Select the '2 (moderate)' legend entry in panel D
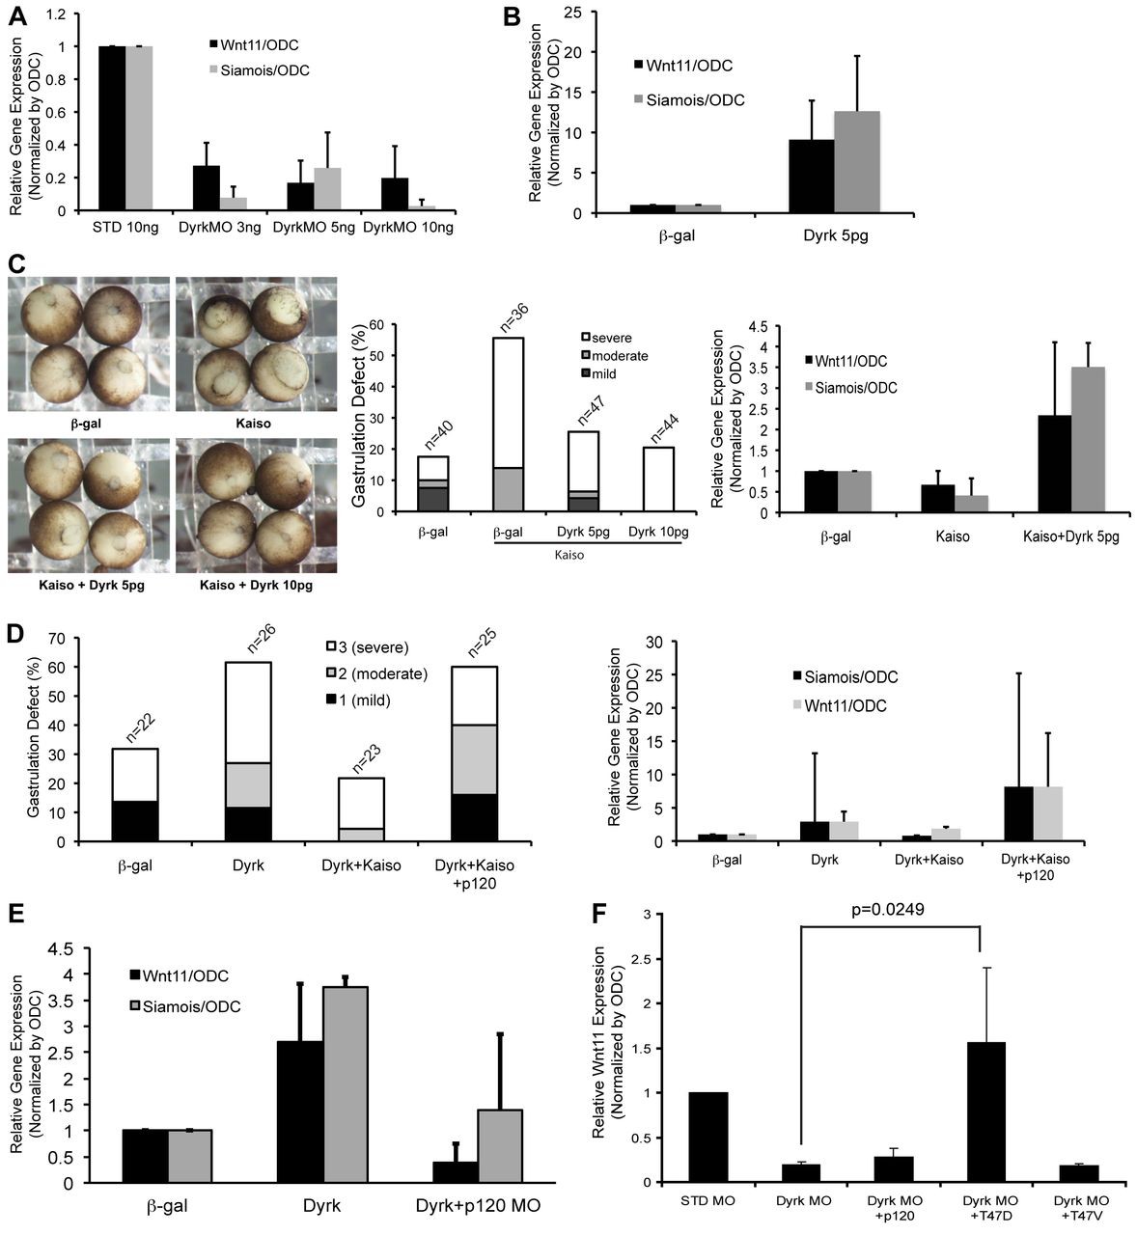(x=379, y=673)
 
